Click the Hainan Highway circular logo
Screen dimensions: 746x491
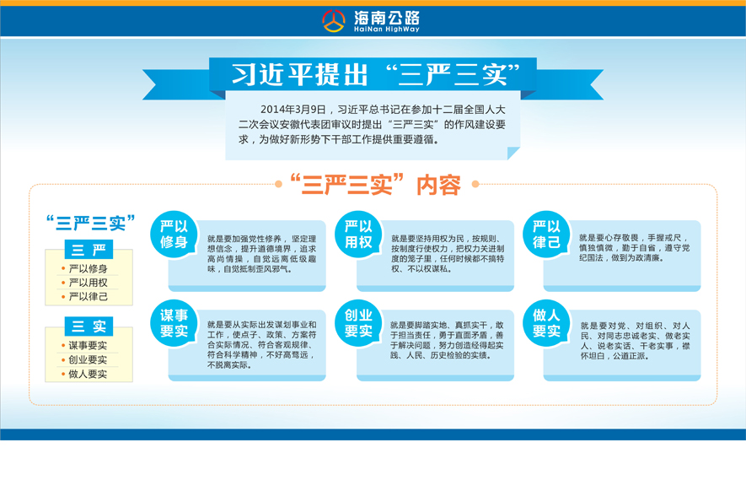(x=334, y=21)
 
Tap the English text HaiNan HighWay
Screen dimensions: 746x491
(x=387, y=30)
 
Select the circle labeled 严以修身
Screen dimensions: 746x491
(x=174, y=235)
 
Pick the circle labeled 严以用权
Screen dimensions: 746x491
(x=358, y=235)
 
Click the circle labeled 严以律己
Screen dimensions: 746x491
(x=546, y=235)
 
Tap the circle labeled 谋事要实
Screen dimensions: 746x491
(x=174, y=323)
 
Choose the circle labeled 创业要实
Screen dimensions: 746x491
(x=358, y=323)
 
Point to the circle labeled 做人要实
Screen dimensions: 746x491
(x=546, y=323)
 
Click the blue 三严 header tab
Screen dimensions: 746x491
(x=89, y=249)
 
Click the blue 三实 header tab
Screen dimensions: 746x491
(x=89, y=326)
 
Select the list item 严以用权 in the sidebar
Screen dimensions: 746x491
(x=88, y=283)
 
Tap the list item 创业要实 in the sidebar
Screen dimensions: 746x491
(x=88, y=359)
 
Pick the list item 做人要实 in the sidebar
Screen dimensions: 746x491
(x=88, y=374)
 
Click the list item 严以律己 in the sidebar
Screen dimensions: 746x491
(x=88, y=297)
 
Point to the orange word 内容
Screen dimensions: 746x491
(x=438, y=185)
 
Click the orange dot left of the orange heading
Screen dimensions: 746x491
(x=278, y=184)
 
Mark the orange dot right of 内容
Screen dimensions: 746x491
(x=475, y=184)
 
